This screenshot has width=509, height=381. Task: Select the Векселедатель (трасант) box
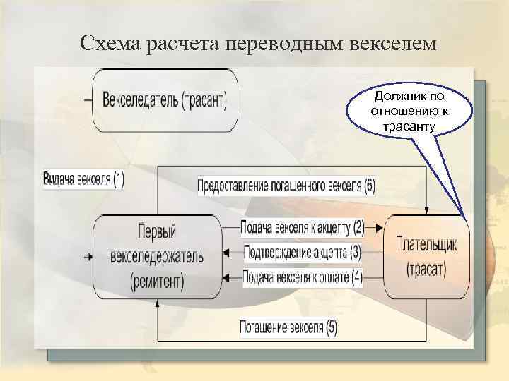click(165, 100)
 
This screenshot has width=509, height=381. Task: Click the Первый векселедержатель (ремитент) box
click(157, 255)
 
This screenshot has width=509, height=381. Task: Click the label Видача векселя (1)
click(83, 179)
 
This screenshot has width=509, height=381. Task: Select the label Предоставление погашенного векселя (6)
click(286, 186)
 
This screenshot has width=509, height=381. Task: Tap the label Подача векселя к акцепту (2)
click(302, 228)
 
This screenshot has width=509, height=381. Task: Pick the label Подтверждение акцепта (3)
click(303, 252)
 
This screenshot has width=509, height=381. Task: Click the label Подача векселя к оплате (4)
click(303, 277)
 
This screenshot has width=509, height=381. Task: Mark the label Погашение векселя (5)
click(288, 327)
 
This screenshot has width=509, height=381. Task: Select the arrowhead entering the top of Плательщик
click(426, 210)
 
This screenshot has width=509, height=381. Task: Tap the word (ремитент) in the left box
click(157, 282)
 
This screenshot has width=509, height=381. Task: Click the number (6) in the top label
click(369, 186)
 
